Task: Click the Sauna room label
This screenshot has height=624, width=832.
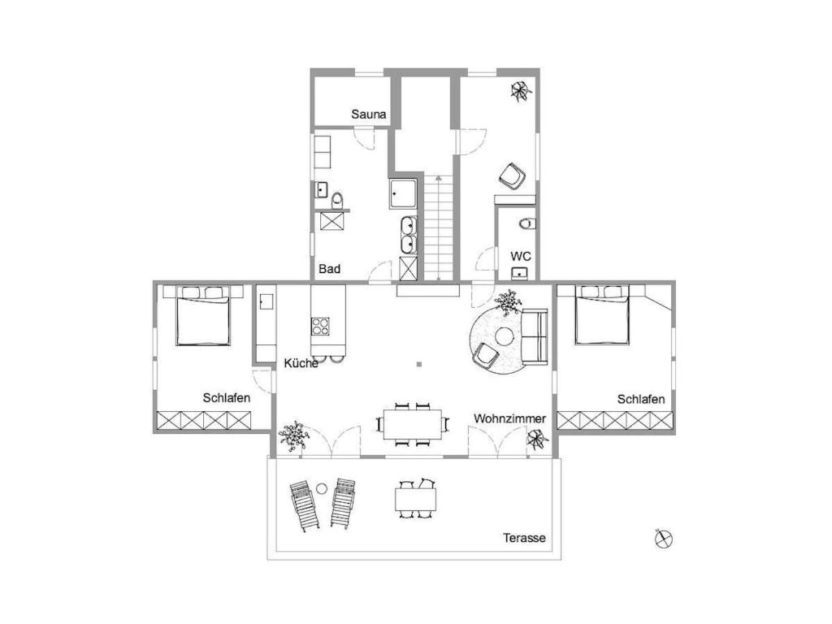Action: point(368,114)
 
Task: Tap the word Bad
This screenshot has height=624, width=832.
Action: point(330,269)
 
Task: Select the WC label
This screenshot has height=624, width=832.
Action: point(521,256)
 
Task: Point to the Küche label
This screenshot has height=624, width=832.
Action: point(301,363)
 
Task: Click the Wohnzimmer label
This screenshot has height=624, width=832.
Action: point(509,418)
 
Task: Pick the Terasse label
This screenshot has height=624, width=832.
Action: point(524,538)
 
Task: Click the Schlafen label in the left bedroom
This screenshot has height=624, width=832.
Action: point(227,398)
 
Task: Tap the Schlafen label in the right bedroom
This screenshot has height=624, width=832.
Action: point(641,399)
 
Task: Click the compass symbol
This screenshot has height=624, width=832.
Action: point(663,539)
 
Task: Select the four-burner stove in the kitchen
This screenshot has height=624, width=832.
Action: point(320,327)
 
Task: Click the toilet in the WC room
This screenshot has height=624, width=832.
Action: point(527,223)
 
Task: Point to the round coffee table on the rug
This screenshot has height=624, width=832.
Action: point(504,336)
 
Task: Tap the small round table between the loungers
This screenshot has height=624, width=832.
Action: point(322,488)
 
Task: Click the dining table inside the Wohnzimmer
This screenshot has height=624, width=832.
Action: point(413,424)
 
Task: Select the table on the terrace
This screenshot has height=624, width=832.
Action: point(415,500)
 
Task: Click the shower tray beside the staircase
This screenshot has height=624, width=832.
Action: point(403,194)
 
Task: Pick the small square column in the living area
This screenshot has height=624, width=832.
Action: point(419,364)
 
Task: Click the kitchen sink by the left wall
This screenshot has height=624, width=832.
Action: point(266,302)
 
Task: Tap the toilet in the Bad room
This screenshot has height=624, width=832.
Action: point(338,201)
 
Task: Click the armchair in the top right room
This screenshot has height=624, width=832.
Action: point(512,176)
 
